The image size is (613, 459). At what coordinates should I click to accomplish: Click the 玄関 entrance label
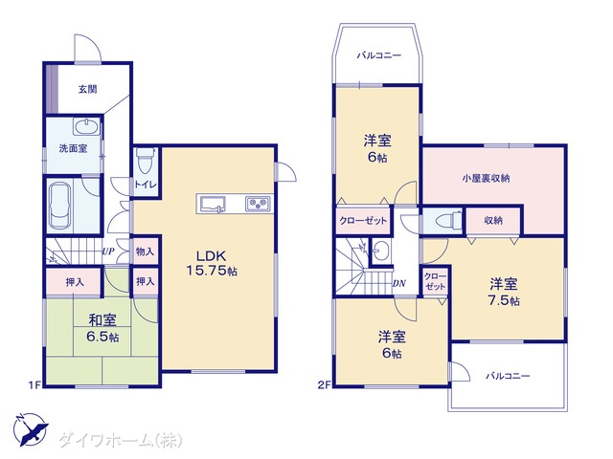coord(87,89)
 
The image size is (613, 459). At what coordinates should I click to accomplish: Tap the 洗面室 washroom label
coord(73,148)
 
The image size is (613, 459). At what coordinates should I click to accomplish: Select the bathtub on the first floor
coord(60,206)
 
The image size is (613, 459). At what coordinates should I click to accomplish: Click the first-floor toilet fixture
coord(146,160)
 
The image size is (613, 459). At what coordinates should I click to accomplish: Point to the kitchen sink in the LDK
coord(213,204)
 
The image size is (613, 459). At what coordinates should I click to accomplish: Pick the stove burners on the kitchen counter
coord(258,204)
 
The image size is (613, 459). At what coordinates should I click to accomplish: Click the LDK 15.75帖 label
coord(212,264)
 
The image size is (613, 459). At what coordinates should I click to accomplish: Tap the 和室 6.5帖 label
coord(102,328)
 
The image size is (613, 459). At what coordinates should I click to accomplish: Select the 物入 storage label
coord(145,251)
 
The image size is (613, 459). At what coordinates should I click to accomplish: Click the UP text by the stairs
coord(108,251)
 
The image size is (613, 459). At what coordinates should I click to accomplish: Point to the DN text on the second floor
coord(399,283)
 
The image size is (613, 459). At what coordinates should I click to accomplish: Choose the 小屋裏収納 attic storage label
coord(486,179)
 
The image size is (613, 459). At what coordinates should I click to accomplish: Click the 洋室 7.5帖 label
coord(504,292)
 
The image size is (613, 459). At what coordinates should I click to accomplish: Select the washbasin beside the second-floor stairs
coord(380,250)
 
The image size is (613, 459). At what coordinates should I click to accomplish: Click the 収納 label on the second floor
coord(493,221)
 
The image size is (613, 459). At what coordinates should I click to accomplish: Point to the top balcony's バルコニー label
coord(379,55)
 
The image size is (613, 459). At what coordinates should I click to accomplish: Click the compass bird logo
coord(30,429)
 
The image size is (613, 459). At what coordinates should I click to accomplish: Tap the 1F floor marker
coord(34,385)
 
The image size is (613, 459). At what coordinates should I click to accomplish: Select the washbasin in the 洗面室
coord(87,126)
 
